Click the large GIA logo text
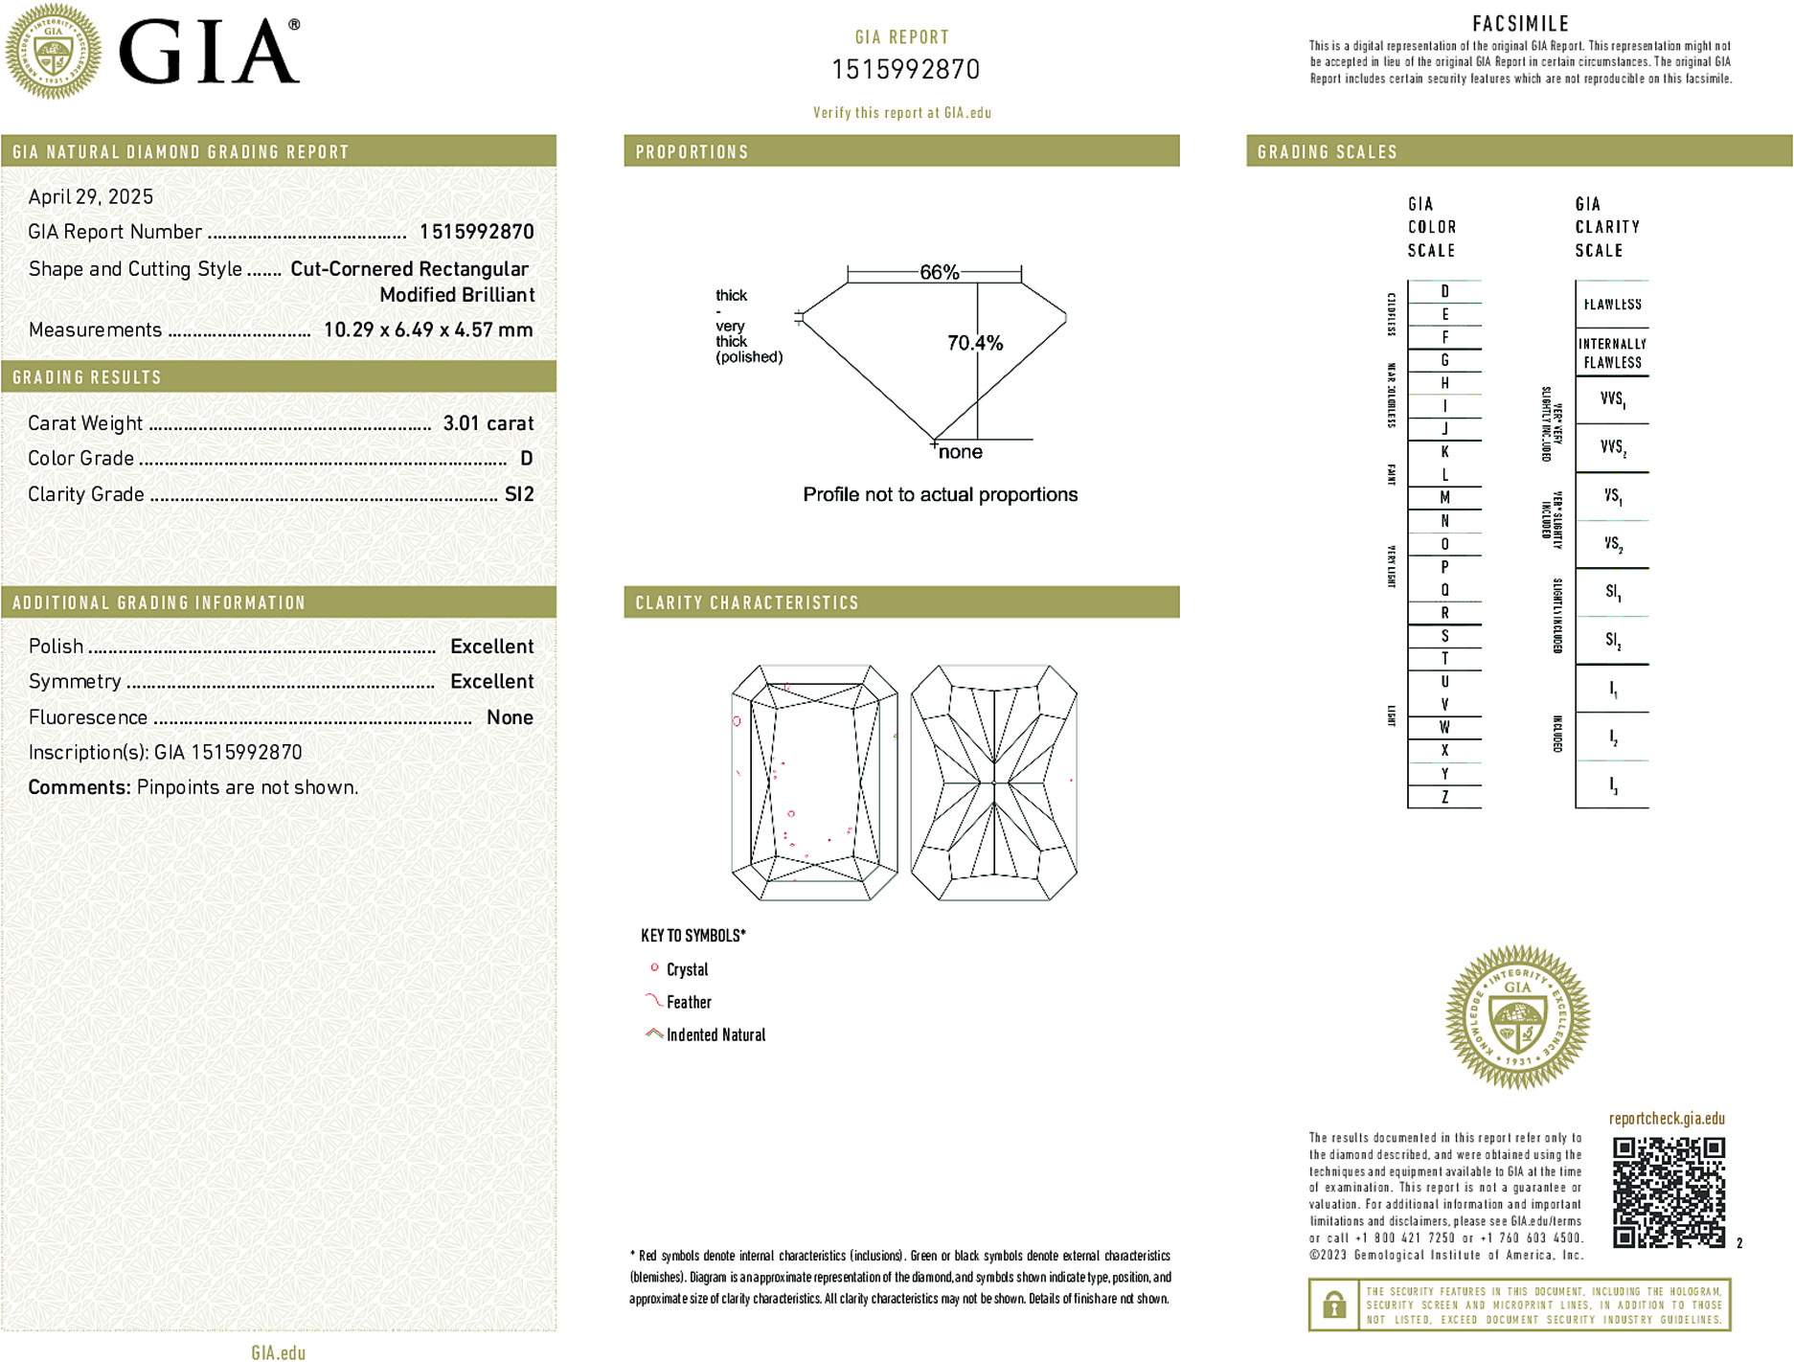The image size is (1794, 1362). (x=208, y=52)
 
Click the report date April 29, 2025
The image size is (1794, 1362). (x=91, y=197)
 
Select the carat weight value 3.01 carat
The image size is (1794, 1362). (x=488, y=423)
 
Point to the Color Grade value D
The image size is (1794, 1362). (x=526, y=459)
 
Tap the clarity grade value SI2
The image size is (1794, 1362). (x=519, y=494)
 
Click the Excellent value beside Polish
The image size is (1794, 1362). (x=491, y=647)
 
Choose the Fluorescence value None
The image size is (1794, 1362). (x=510, y=717)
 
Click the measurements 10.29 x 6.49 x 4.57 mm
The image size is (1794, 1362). (x=427, y=330)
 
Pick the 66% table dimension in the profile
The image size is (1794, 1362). (x=939, y=272)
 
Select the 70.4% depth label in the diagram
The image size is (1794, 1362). (x=974, y=343)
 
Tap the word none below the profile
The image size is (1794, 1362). (x=960, y=452)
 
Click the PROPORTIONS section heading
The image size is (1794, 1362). (x=692, y=152)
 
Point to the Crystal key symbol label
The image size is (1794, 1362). (x=687, y=969)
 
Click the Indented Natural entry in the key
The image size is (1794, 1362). (x=715, y=1034)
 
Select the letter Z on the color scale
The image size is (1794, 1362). (x=1444, y=797)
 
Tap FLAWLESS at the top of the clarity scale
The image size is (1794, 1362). (x=1612, y=305)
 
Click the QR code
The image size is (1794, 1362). (x=1668, y=1192)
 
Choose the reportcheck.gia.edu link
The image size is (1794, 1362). (x=1667, y=1119)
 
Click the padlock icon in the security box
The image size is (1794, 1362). (x=1333, y=1305)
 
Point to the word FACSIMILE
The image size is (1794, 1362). (x=1520, y=24)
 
